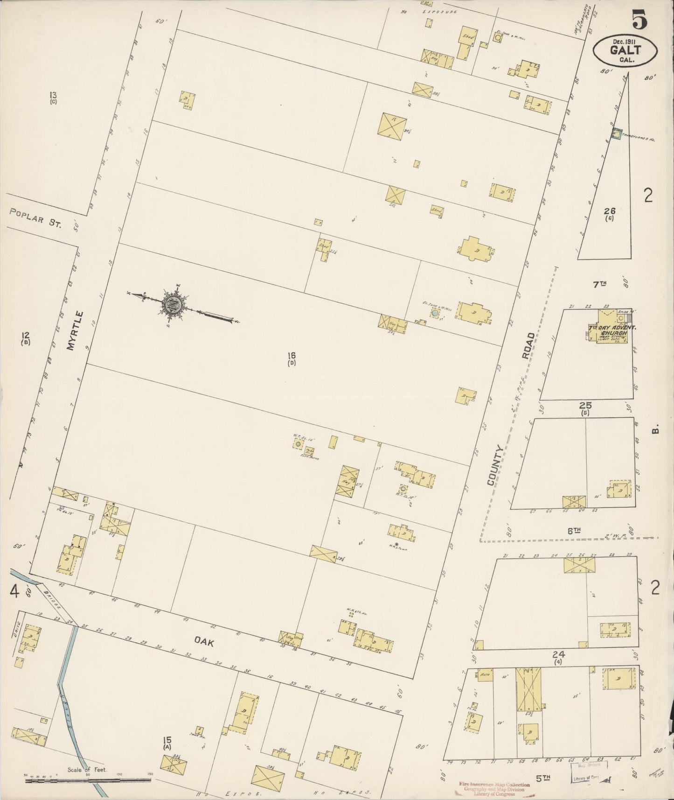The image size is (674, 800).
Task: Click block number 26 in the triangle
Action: (x=609, y=212)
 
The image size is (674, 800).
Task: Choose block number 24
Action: (x=559, y=656)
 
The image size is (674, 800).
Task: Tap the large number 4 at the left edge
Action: (x=15, y=592)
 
